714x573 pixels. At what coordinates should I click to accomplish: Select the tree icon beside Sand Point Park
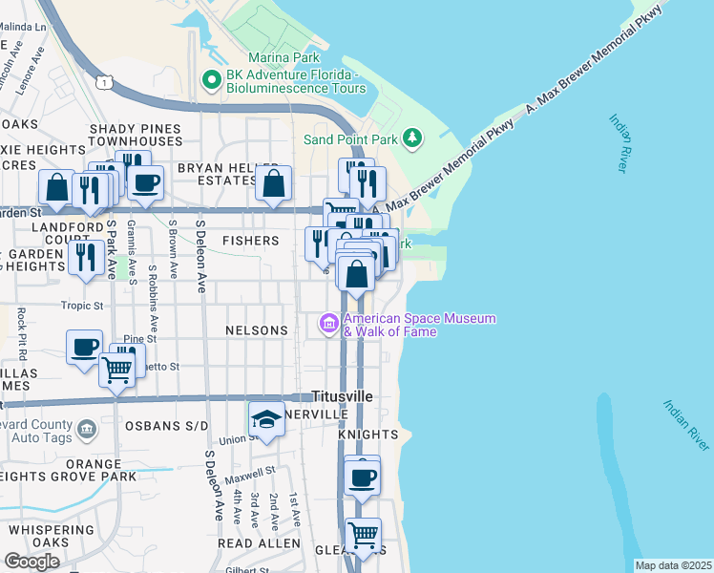click(412, 139)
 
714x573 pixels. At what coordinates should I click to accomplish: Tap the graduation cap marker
click(266, 419)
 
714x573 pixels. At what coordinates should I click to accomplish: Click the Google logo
click(31, 562)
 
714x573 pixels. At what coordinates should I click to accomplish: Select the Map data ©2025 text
click(673, 565)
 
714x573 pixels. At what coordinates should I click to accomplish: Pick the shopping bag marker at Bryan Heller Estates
click(274, 183)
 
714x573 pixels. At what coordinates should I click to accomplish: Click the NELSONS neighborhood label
click(256, 330)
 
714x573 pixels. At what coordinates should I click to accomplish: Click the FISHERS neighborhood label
click(250, 242)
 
